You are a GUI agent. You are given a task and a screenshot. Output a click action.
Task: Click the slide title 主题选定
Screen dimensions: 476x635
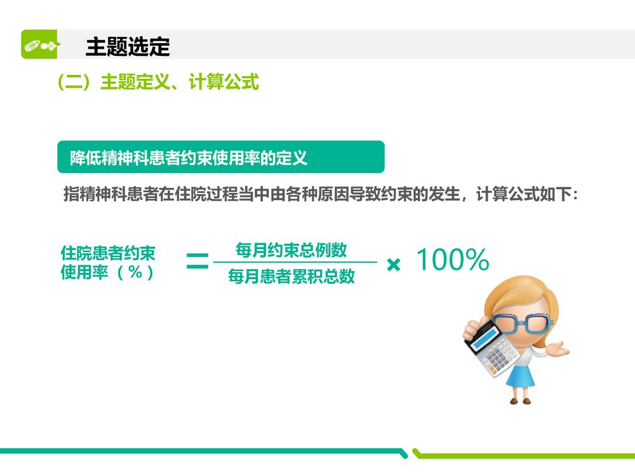click(x=128, y=46)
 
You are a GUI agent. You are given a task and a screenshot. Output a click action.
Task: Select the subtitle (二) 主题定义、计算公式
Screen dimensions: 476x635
click(x=157, y=82)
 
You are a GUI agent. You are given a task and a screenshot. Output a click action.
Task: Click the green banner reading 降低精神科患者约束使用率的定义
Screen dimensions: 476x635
click(x=220, y=157)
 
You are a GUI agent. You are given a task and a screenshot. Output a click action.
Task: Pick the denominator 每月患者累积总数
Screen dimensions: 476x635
click(x=291, y=276)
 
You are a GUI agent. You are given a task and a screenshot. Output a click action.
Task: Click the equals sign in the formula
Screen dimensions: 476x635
click(x=197, y=261)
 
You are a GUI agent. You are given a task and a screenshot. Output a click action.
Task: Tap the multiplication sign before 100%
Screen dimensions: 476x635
click(x=394, y=265)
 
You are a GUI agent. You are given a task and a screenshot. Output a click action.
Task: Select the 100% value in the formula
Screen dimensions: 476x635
click(x=452, y=260)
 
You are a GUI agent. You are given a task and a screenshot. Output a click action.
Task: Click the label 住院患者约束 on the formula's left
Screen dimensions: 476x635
click(x=107, y=253)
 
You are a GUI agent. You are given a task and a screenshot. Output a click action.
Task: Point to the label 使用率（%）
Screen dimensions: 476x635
click(x=107, y=273)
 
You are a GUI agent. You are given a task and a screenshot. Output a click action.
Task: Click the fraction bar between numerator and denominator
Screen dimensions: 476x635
click(x=295, y=262)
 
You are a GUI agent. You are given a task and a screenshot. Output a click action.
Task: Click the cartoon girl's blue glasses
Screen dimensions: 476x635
click(x=521, y=322)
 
